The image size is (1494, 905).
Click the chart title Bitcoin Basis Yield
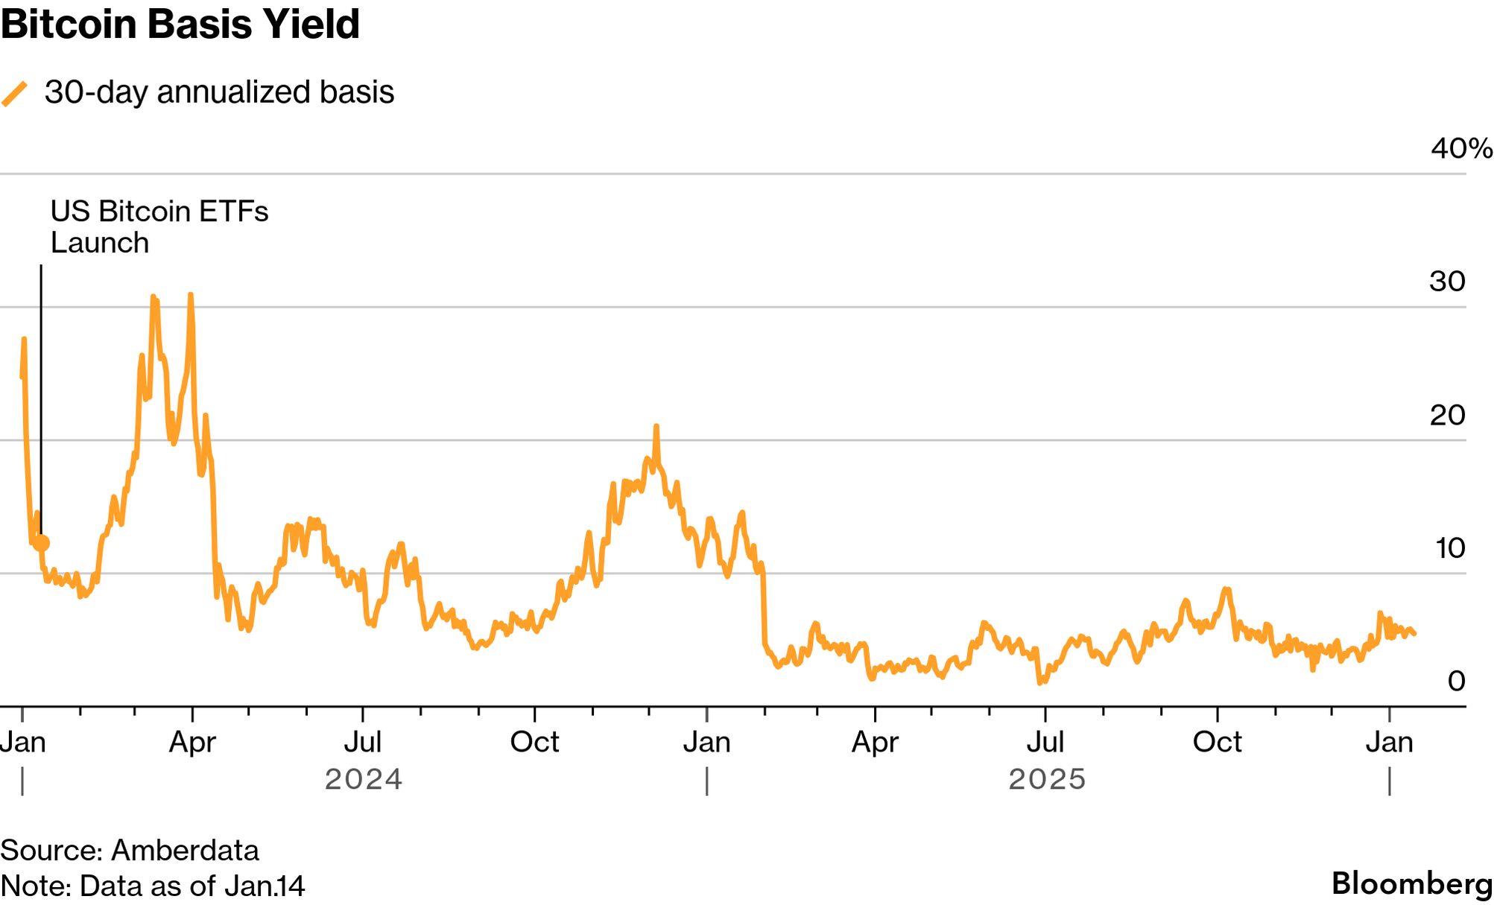click(180, 24)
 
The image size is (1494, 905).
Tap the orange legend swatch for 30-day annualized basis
click(14, 94)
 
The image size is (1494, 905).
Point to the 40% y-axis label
click(1460, 148)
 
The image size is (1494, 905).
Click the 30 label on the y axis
click(1446, 282)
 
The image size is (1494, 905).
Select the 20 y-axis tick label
click(1446, 415)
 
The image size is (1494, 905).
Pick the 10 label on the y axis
click(1449, 548)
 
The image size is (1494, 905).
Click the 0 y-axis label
click(1455, 681)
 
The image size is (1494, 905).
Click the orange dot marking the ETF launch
click(42, 543)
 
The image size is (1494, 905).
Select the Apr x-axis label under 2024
click(192, 742)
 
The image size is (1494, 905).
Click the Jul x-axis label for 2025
click(1045, 742)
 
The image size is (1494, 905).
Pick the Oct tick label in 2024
click(534, 742)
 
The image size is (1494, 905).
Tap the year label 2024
click(363, 779)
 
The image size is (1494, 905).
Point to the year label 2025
click(1046, 779)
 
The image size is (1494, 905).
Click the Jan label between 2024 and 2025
click(706, 742)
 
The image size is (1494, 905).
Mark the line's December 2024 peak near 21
click(656, 427)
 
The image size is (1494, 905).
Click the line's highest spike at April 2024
click(191, 296)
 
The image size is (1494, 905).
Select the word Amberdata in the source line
click(185, 850)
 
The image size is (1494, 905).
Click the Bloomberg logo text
click(1411, 883)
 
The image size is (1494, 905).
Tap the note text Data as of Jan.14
click(192, 886)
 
